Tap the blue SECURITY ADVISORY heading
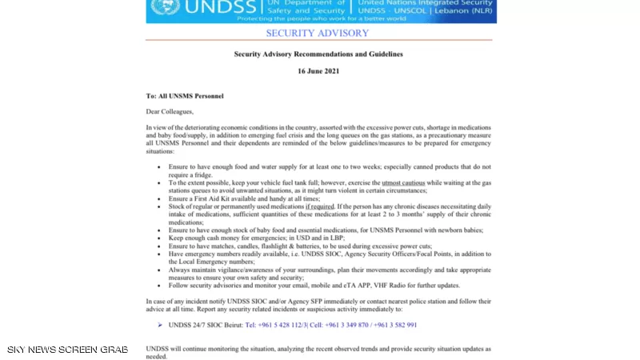point(318,34)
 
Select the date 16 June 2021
point(318,71)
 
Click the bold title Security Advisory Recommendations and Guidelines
point(318,54)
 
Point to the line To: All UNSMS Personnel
point(184,96)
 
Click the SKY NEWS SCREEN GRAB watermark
point(67,350)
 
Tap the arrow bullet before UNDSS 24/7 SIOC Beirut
point(160,325)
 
